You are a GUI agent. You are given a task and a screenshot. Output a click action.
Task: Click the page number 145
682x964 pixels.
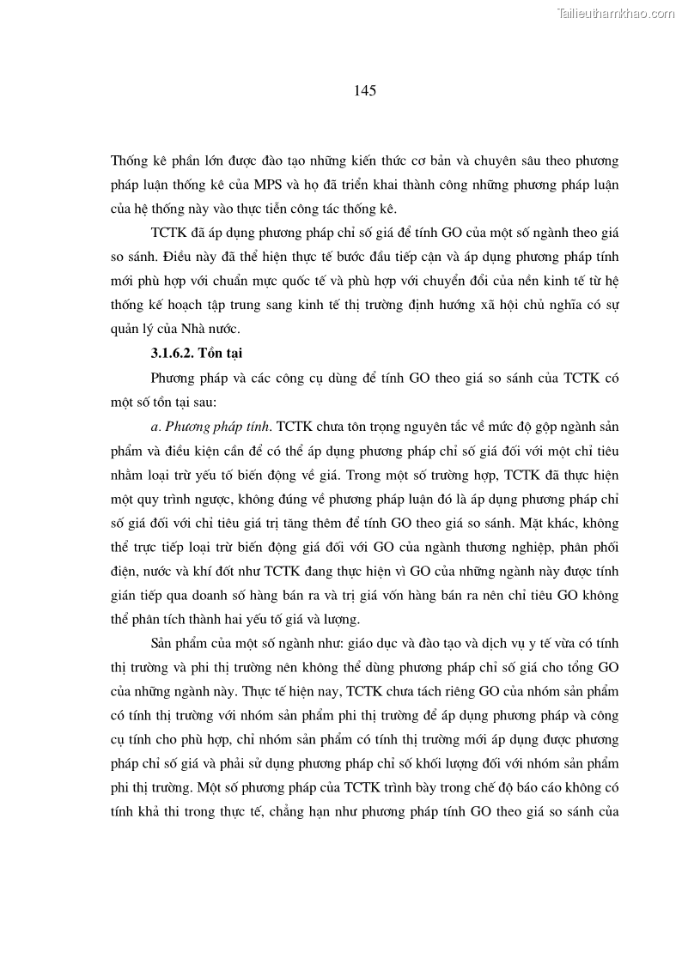(x=365, y=89)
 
